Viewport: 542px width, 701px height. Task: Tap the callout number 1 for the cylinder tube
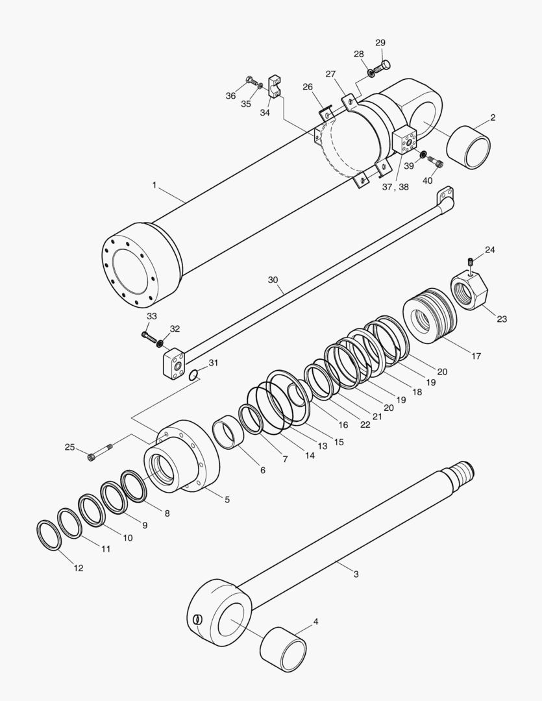point(154,185)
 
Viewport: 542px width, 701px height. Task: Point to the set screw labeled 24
point(470,262)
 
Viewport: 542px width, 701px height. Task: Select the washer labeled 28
point(371,72)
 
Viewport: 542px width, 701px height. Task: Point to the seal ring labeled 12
point(49,534)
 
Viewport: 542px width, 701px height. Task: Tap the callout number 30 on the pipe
point(273,280)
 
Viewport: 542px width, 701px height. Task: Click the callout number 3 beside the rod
point(356,574)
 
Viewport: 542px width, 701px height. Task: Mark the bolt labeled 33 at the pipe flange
point(149,336)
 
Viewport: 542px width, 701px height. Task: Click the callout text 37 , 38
point(395,186)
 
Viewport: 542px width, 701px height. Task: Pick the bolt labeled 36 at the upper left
point(251,82)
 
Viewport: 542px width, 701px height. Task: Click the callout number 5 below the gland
point(227,499)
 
